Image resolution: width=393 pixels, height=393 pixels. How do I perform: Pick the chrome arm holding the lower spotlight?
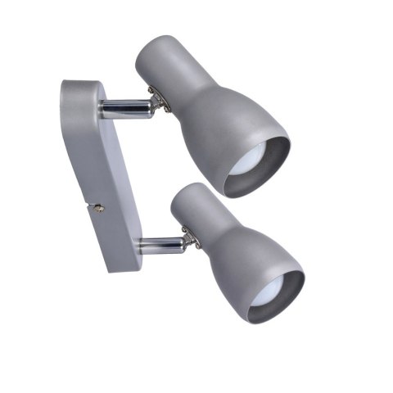tap(160, 243)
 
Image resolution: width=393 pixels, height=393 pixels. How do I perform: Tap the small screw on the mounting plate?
tap(99, 208)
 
